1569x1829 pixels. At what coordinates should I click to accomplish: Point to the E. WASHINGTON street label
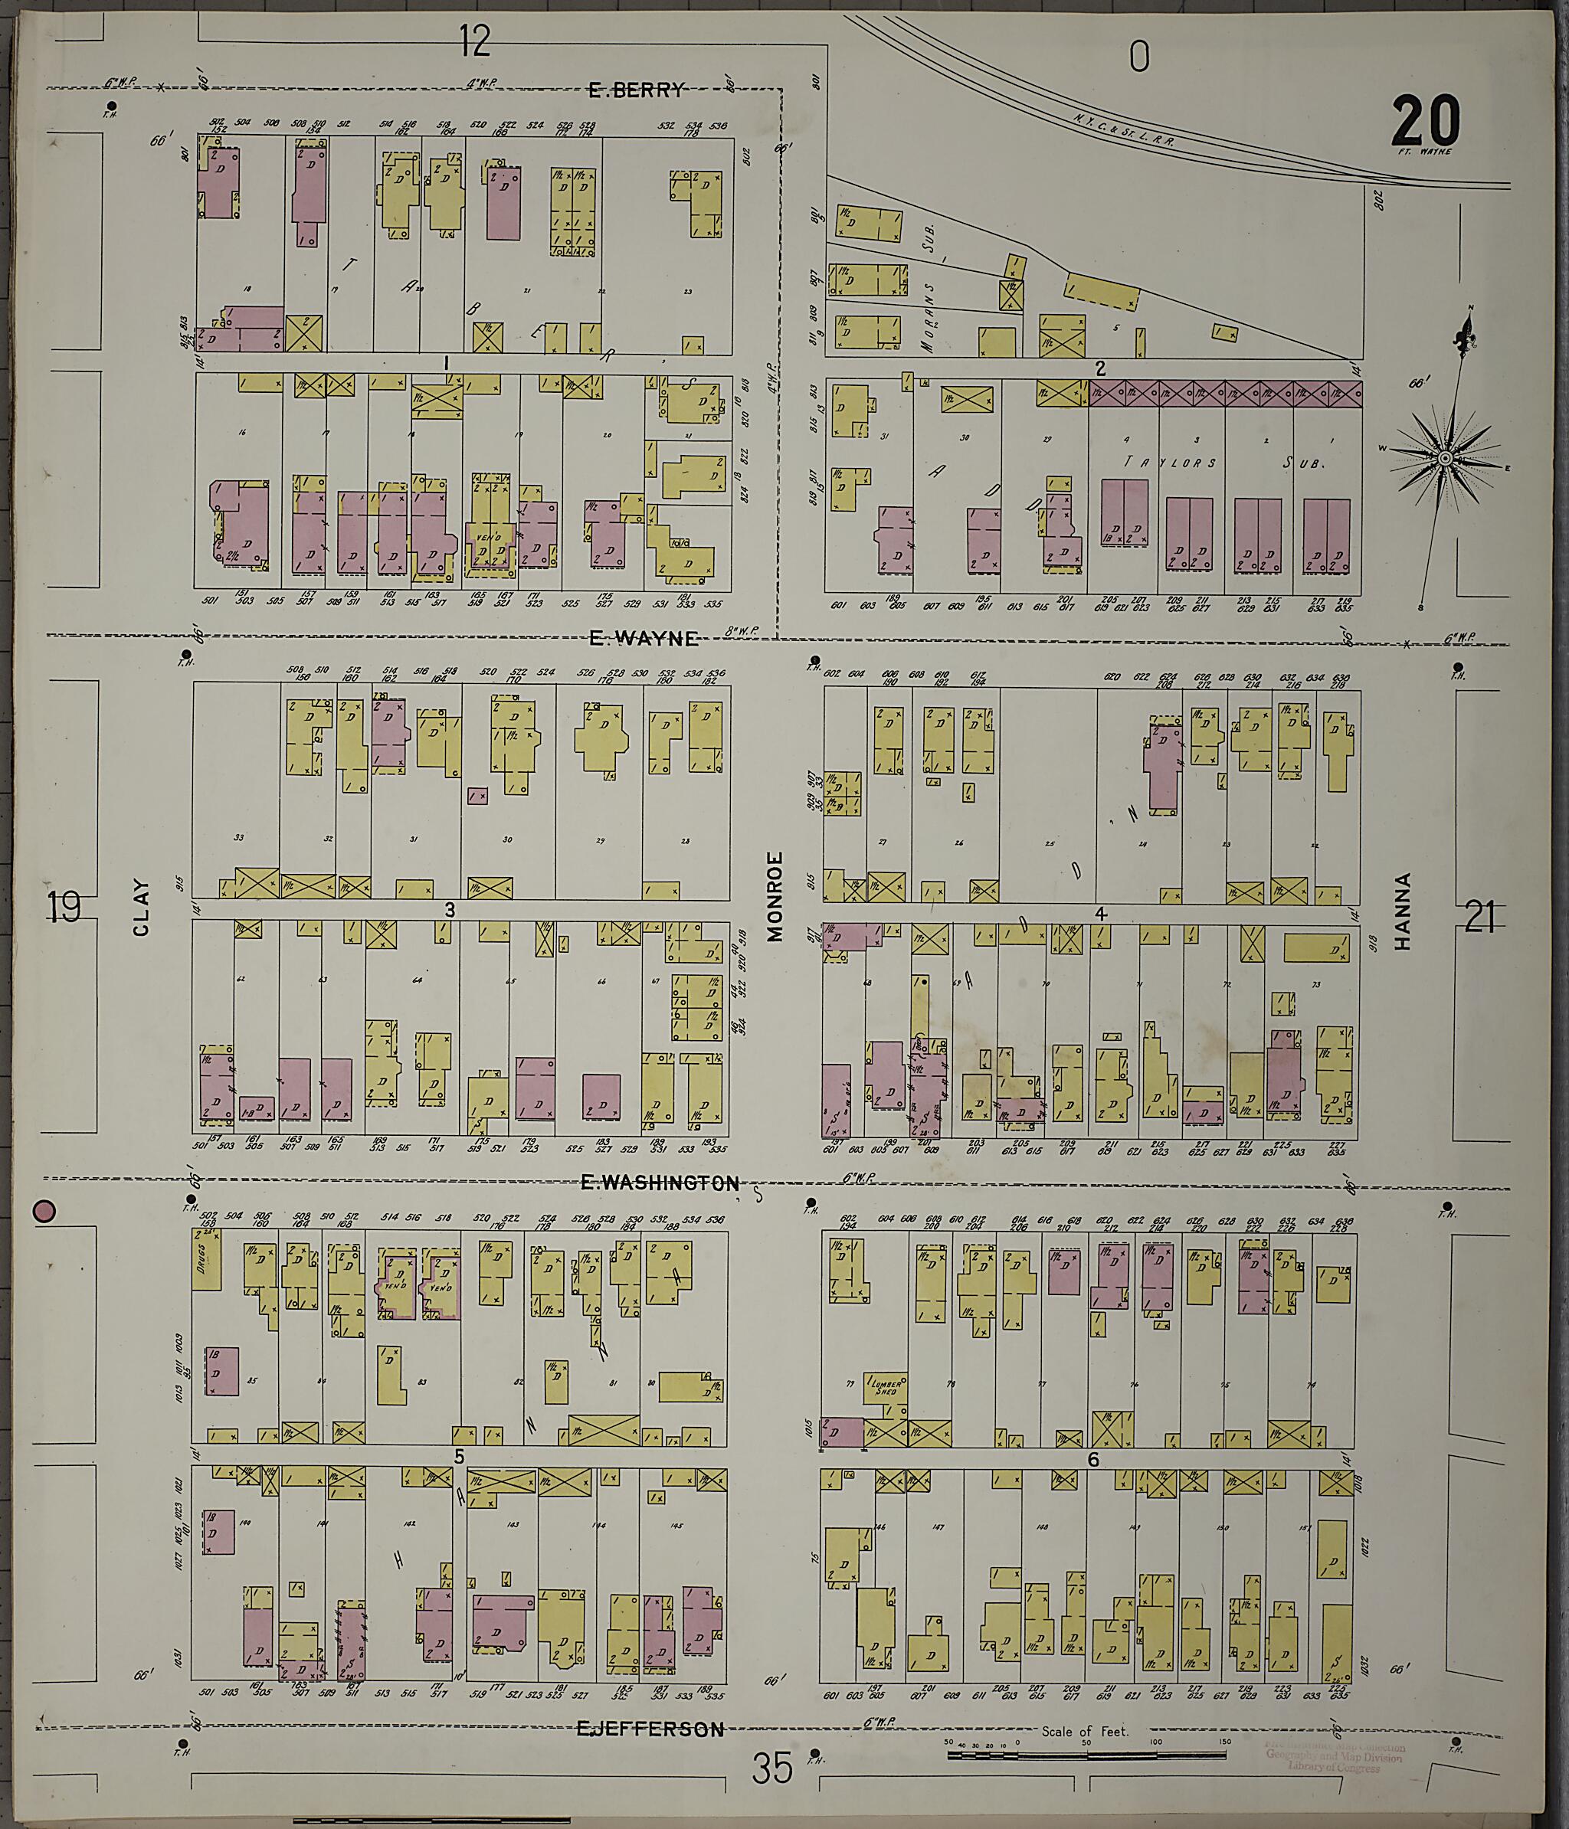coord(659,1184)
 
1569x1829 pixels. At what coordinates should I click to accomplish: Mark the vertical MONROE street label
coord(775,896)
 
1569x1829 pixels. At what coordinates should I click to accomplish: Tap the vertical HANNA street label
coord(1402,911)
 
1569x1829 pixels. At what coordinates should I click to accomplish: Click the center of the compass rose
coord(1446,460)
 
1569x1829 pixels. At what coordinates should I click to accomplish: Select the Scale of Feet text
coord(1085,1732)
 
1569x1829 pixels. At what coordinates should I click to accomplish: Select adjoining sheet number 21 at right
coord(1479,918)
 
